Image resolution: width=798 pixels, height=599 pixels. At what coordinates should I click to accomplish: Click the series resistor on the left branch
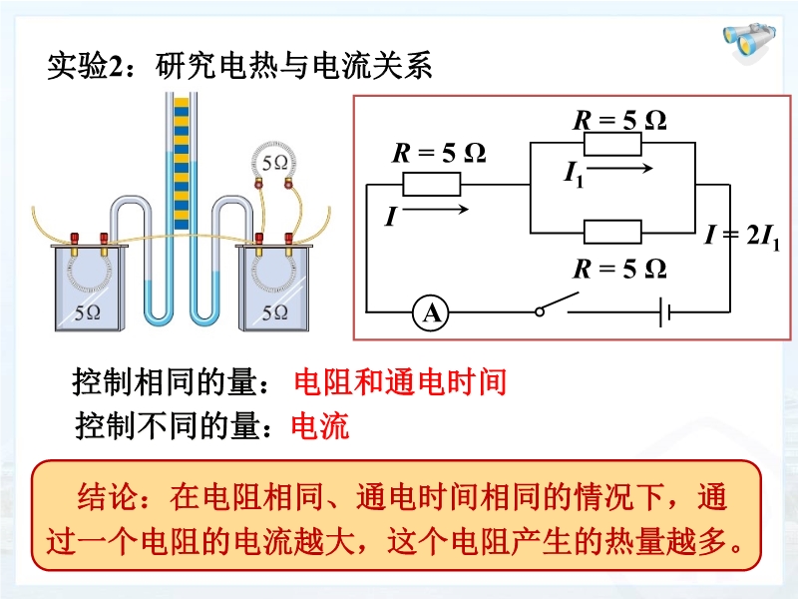click(x=431, y=184)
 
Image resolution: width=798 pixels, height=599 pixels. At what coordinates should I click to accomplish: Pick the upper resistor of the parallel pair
click(x=611, y=145)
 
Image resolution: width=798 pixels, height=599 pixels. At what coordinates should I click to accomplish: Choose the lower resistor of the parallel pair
click(x=611, y=233)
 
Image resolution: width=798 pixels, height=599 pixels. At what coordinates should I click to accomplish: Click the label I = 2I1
click(x=743, y=236)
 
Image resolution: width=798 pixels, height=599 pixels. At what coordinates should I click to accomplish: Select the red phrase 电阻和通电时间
click(x=400, y=382)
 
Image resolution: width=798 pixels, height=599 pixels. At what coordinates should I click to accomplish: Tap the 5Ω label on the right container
click(x=274, y=311)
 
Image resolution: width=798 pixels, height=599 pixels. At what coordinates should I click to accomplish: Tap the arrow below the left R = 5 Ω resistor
click(x=441, y=210)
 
